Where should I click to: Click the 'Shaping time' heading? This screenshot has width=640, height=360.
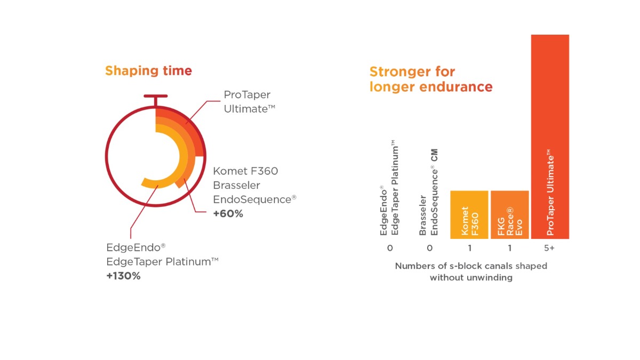148,70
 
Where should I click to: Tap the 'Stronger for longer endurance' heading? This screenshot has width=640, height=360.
431,79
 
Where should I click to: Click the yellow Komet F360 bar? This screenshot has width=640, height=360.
469,214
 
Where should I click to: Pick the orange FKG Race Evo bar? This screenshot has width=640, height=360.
509,214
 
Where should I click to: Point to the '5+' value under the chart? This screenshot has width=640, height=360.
550,248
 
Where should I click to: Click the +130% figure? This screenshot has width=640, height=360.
123,276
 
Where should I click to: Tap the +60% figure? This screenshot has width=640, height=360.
228,214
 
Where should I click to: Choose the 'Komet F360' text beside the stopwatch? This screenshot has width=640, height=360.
245,171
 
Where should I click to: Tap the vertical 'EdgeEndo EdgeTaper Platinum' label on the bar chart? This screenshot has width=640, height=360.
389,189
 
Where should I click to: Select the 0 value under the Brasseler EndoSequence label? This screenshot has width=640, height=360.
429,248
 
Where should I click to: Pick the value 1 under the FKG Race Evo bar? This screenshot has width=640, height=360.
509,248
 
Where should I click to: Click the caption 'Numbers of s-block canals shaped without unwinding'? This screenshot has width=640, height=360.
470,271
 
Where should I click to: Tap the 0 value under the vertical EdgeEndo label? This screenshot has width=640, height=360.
390,248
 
